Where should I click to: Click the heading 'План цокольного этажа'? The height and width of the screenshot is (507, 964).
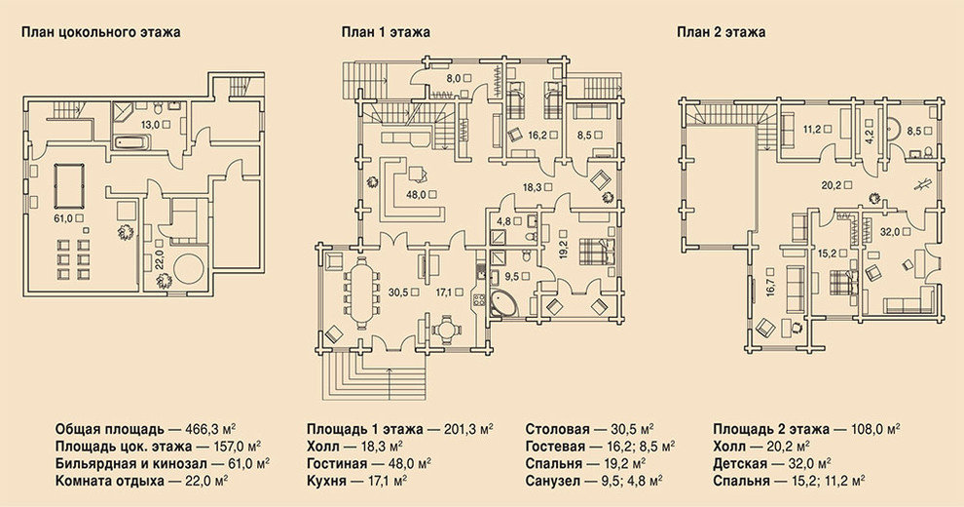(101, 32)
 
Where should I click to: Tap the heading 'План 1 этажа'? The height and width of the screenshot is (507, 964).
(387, 32)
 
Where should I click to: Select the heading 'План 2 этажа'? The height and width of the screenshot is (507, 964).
(722, 32)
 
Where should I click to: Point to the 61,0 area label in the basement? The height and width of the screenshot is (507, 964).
(57, 217)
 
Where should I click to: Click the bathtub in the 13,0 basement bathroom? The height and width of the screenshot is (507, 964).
(130, 143)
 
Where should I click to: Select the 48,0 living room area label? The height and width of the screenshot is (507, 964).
(416, 194)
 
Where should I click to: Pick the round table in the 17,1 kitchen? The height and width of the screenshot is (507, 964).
(445, 330)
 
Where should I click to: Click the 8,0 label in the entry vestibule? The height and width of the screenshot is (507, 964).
(453, 78)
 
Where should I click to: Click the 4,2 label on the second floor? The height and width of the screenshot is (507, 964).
(869, 131)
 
